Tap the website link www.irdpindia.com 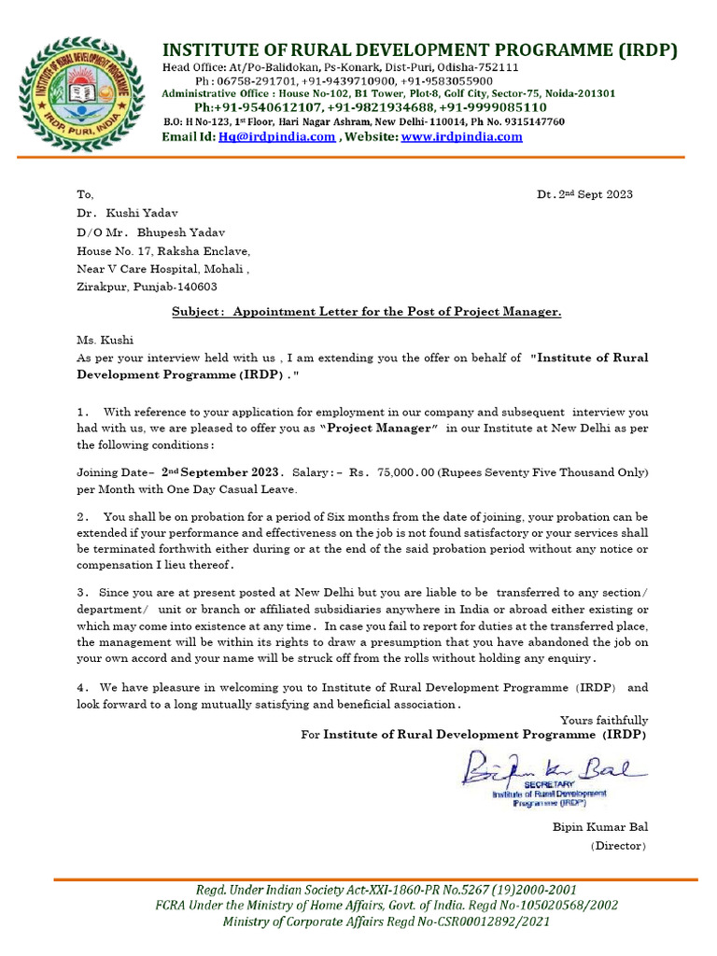pyautogui.click(x=461, y=137)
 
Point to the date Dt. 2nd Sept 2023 pyautogui.click(x=584, y=194)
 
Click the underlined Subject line pyautogui.click(x=366, y=312)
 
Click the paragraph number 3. pyautogui.click(x=82, y=593)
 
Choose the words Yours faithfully pyautogui.click(x=603, y=720)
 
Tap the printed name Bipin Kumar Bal pyautogui.click(x=600, y=826)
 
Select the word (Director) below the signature pyautogui.click(x=617, y=845)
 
